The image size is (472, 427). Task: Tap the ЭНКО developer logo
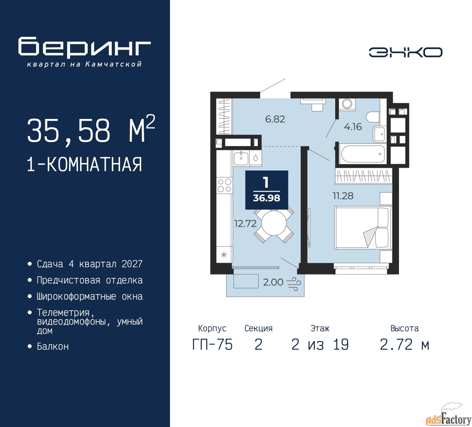(405, 52)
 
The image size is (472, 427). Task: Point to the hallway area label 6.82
(275, 119)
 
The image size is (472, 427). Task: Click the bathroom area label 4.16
(353, 127)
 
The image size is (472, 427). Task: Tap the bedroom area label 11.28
(343, 196)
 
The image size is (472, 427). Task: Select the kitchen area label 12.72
(245, 223)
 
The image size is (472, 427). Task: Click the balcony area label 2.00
(273, 282)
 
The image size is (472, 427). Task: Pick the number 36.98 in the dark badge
(266, 198)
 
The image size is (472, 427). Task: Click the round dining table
(274, 223)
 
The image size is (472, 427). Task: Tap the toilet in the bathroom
(372, 117)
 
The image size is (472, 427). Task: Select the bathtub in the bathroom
(362, 154)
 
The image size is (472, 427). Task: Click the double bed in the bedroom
(363, 227)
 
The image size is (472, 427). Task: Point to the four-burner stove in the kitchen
(224, 185)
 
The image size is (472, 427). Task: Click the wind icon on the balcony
(294, 283)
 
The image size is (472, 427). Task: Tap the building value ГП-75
(212, 345)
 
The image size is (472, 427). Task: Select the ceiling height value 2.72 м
(405, 345)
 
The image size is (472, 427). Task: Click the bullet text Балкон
(53, 346)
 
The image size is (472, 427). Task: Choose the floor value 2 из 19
(320, 345)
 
